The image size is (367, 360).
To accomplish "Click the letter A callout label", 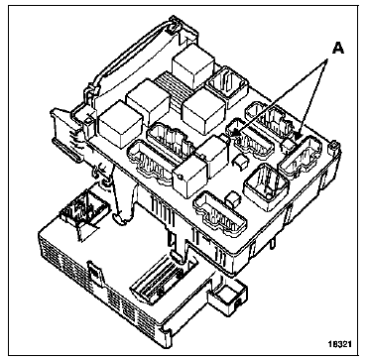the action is [x=337, y=49].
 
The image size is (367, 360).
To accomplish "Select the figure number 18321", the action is [x=340, y=344].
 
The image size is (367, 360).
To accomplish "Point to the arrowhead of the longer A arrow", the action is [x=232, y=134].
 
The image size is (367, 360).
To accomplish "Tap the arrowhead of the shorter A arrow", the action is [x=299, y=135].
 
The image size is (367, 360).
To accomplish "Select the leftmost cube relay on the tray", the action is [x=120, y=124].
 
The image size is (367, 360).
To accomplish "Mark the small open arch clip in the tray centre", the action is [x=241, y=161].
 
